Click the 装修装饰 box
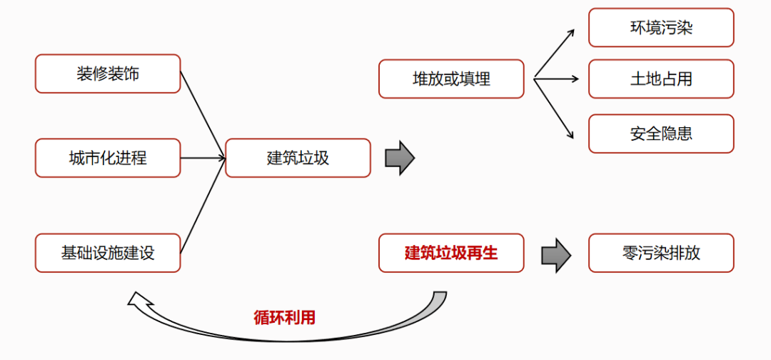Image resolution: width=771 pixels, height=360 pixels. point(108,74)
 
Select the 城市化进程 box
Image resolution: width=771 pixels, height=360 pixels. point(108,158)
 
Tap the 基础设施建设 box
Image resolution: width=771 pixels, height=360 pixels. point(108,253)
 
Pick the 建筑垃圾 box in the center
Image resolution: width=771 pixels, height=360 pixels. point(298,158)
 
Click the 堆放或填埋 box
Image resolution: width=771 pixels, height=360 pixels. point(451,79)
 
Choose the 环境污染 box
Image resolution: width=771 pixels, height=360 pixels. point(661,28)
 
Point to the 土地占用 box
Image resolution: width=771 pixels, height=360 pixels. point(661,79)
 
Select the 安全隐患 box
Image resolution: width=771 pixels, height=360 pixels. point(661,134)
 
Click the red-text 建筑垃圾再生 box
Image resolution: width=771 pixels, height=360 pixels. point(451,253)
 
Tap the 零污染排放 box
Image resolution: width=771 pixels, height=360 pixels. point(661,253)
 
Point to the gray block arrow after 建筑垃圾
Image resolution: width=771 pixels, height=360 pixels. point(400,158)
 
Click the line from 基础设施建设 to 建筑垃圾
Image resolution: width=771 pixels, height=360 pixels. point(203,206)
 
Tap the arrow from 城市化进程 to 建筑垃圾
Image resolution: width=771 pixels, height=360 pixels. point(203,158)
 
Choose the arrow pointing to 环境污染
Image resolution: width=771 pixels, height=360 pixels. point(555,54)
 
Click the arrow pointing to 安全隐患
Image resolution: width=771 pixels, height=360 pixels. point(555,107)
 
